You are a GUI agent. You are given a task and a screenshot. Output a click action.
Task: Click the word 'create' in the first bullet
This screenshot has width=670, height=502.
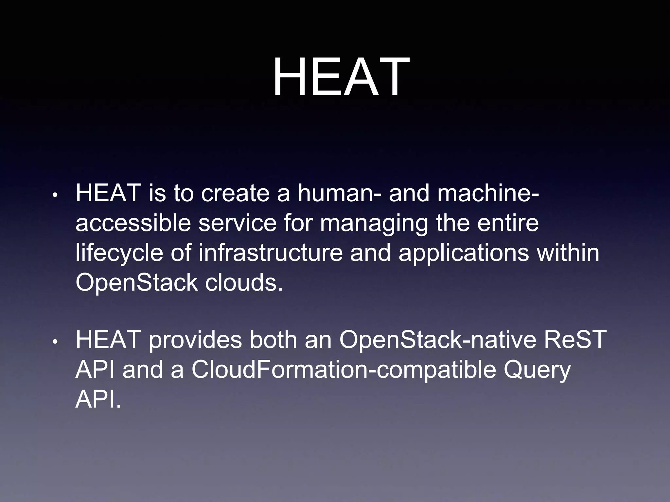[x=235, y=193]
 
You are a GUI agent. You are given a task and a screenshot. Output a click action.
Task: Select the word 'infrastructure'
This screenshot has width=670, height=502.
[x=271, y=253]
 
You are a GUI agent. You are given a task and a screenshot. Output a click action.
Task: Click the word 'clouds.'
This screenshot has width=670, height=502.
[x=244, y=282]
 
